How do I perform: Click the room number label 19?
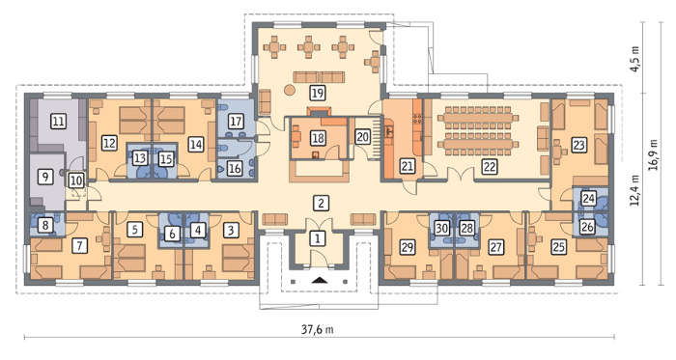(318, 93)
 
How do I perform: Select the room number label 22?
(490, 166)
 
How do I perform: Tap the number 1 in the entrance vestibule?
(318, 238)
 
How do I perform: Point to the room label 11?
(58, 121)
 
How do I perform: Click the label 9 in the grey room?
(44, 176)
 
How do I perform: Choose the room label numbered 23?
(579, 145)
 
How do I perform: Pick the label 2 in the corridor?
(321, 203)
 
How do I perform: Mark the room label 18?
(318, 138)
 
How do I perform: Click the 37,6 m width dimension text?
(318, 330)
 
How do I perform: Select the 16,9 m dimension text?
(654, 154)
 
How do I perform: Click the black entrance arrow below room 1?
(319, 281)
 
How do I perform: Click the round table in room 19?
(290, 90)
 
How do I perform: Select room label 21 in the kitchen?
(407, 166)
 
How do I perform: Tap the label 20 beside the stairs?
(362, 137)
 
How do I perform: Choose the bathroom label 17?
(236, 121)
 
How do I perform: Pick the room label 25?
(559, 247)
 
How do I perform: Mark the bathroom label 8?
(44, 225)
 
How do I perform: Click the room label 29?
(407, 247)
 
